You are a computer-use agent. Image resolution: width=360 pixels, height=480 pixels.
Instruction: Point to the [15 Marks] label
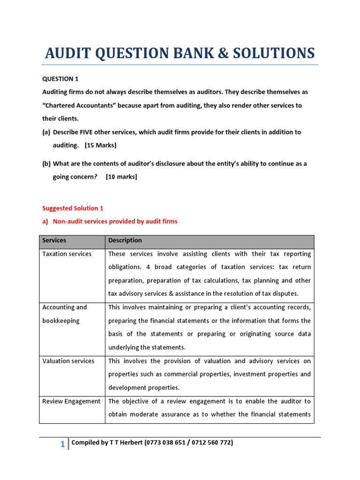(100, 145)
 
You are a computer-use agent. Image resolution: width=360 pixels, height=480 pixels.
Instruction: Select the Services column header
(54, 240)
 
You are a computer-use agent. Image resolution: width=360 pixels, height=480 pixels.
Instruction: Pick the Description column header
(125, 240)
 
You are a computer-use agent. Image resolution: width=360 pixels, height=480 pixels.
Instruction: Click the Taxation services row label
(67, 254)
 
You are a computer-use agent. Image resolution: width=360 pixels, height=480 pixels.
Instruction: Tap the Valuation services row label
(68, 361)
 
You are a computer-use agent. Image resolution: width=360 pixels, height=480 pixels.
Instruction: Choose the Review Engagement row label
(71, 401)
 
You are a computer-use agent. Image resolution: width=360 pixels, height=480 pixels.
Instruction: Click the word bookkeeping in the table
(61, 321)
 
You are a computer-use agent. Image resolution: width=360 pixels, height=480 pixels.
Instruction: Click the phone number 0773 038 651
(169, 442)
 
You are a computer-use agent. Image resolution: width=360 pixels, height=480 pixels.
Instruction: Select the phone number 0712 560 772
(214, 442)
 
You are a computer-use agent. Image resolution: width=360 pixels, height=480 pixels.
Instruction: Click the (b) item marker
(46, 164)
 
